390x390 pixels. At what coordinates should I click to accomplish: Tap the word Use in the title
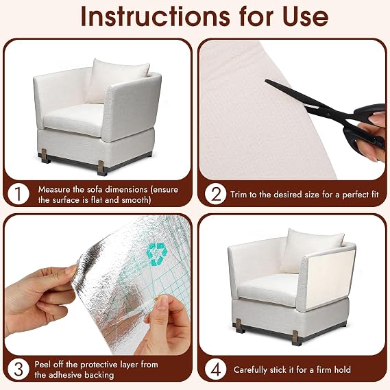click(x=305, y=16)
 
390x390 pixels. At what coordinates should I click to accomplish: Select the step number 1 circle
click(x=19, y=194)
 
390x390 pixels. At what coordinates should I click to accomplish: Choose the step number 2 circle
click(x=215, y=194)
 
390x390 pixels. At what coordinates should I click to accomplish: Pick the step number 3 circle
click(x=19, y=369)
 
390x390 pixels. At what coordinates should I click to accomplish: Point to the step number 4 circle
click(x=215, y=369)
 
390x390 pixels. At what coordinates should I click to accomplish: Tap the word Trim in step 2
click(x=239, y=194)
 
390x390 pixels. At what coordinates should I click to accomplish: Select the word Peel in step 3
click(x=42, y=365)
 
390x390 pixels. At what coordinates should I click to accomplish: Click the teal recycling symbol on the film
click(x=156, y=253)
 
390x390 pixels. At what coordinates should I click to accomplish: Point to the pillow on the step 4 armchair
click(x=311, y=250)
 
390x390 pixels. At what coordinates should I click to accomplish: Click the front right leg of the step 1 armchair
click(x=101, y=168)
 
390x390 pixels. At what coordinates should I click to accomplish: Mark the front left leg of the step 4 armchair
click(x=239, y=326)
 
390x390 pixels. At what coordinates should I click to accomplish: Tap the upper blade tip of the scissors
click(x=265, y=81)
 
